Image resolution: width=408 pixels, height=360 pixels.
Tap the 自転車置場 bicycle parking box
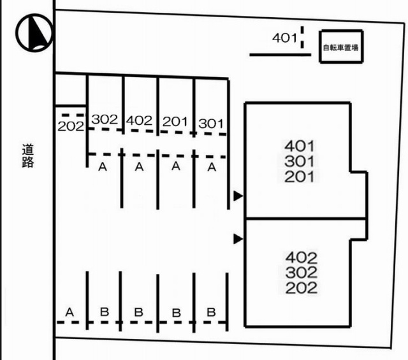pos(341,47)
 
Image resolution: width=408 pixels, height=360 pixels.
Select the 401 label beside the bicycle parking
pos(285,38)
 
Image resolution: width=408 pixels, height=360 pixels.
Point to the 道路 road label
pos(27,156)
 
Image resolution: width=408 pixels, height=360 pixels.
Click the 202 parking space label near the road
pos(70,126)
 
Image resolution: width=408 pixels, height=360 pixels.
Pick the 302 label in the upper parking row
pos(105,119)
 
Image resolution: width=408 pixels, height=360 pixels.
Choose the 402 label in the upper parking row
pos(140,120)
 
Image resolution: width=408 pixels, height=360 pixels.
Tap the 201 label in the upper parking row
pos(175,121)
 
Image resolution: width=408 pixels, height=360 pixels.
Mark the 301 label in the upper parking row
pos(210,123)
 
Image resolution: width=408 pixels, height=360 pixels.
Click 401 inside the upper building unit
pos(300,146)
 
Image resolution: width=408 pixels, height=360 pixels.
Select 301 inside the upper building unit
pos(300,161)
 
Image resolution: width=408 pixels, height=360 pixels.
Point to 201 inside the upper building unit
pos(300,176)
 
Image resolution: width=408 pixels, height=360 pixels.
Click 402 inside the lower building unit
pos(302,258)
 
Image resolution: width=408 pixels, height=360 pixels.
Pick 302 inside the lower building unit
pos(302,273)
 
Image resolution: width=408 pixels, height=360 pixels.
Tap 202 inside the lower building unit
pos(302,288)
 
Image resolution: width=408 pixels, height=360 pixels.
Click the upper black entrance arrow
pos(238,196)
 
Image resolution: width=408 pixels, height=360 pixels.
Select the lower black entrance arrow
pos(238,239)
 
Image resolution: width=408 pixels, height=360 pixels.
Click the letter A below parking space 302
pos(102,167)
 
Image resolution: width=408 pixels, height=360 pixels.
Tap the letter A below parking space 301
pos(212,168)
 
